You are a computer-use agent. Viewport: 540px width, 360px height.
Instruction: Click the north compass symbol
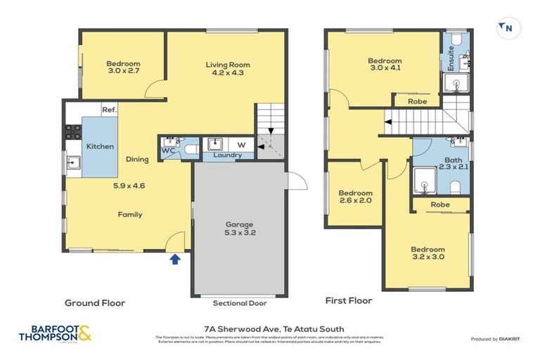[x=504, y=27]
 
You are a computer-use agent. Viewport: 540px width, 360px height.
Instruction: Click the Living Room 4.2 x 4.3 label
[x=227, y=69]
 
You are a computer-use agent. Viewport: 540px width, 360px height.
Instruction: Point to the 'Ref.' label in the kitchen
[x=109, y=110]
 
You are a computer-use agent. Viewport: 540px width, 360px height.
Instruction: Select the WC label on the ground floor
[x=167, y=150]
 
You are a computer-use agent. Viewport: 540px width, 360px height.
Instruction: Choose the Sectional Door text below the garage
[x=239, y=304]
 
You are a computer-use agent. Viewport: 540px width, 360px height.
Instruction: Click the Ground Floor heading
[x=95, y=303]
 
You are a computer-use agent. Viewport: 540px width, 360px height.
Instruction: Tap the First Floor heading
[x=349, y=300]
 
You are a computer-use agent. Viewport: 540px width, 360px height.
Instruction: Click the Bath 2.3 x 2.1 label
[x=454, y=163]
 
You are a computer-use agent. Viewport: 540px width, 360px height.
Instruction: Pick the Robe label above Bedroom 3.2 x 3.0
[x=440, y=205]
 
